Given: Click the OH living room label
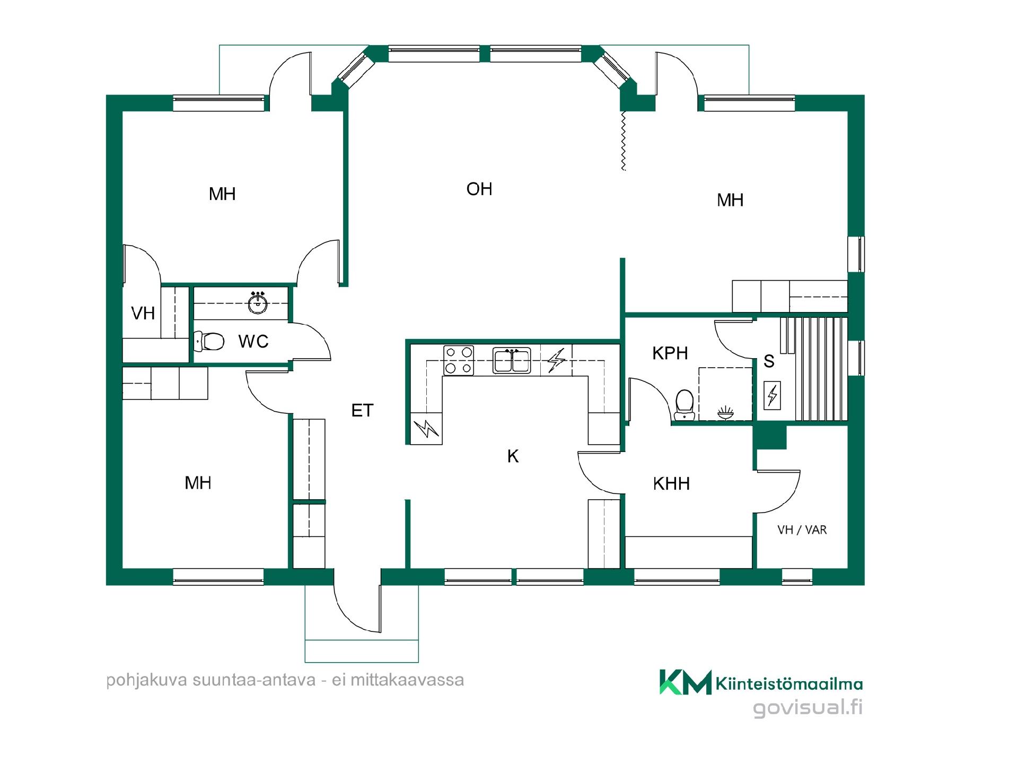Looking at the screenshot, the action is [479, 189].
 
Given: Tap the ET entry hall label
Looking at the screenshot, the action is [363, 410].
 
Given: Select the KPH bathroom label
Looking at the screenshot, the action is [670, 353].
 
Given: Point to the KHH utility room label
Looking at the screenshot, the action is [671, 483].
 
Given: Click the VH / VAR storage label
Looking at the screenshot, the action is [802, 529].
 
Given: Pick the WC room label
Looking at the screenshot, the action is [253, 341].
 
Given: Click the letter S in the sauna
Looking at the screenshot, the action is [769, 361].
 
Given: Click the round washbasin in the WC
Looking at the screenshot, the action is [258, 303].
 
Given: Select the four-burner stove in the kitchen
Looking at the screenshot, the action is [459, 360].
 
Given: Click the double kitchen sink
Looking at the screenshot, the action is [512, 360].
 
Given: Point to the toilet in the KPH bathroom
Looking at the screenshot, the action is [684, 405].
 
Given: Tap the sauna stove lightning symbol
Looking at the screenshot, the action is [772, 395].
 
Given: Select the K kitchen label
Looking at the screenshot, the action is [513, 456].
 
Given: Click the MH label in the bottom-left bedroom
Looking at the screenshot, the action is [198, 482].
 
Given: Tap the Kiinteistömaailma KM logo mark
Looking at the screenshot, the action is [685, 682].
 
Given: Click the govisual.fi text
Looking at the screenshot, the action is [808, 708].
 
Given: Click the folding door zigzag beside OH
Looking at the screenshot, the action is [624, 141].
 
